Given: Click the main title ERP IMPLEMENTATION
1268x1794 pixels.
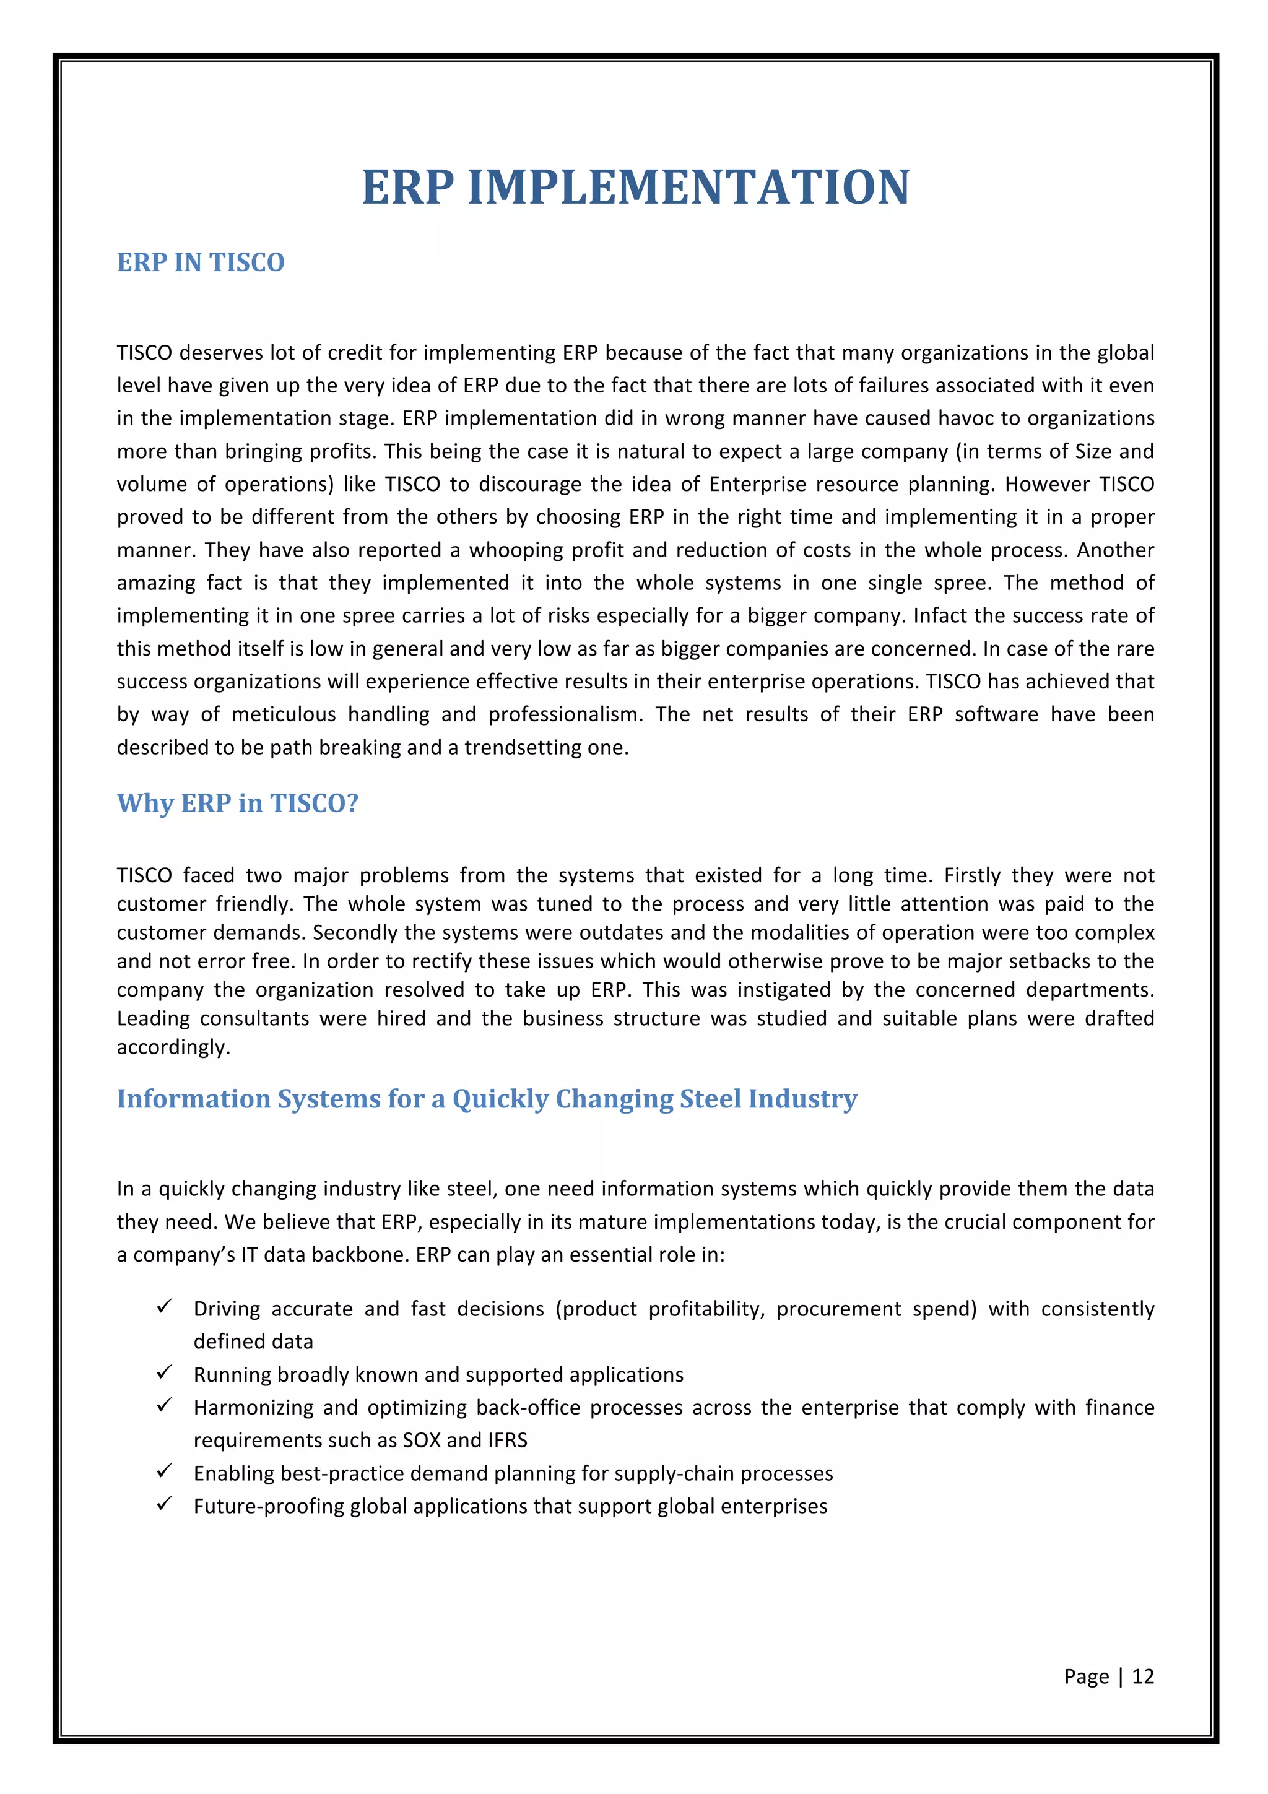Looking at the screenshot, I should pos(635,188).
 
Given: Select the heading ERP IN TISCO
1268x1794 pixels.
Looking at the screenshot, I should pos(201,262).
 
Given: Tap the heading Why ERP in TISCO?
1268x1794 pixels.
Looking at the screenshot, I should pos(238,804).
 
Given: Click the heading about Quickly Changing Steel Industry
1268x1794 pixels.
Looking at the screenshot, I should pos(487,1099).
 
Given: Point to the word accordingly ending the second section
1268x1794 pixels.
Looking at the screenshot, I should pos(173,1048).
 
